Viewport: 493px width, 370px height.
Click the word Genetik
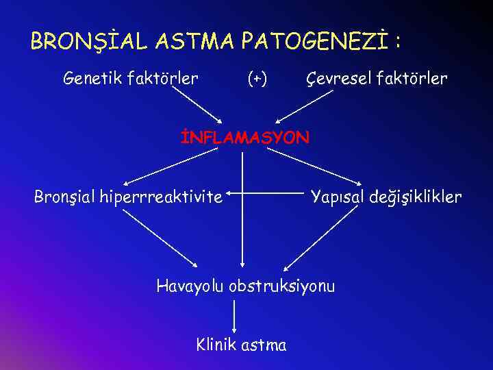click(89, 79)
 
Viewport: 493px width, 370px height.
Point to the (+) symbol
click(257, 79)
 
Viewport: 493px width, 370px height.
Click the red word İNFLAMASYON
click(244, 137)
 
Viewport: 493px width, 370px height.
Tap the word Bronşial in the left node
click(64, 197)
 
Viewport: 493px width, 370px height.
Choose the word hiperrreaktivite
click(161, 197)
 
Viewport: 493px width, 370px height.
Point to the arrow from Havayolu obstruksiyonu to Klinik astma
click(235, 315)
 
